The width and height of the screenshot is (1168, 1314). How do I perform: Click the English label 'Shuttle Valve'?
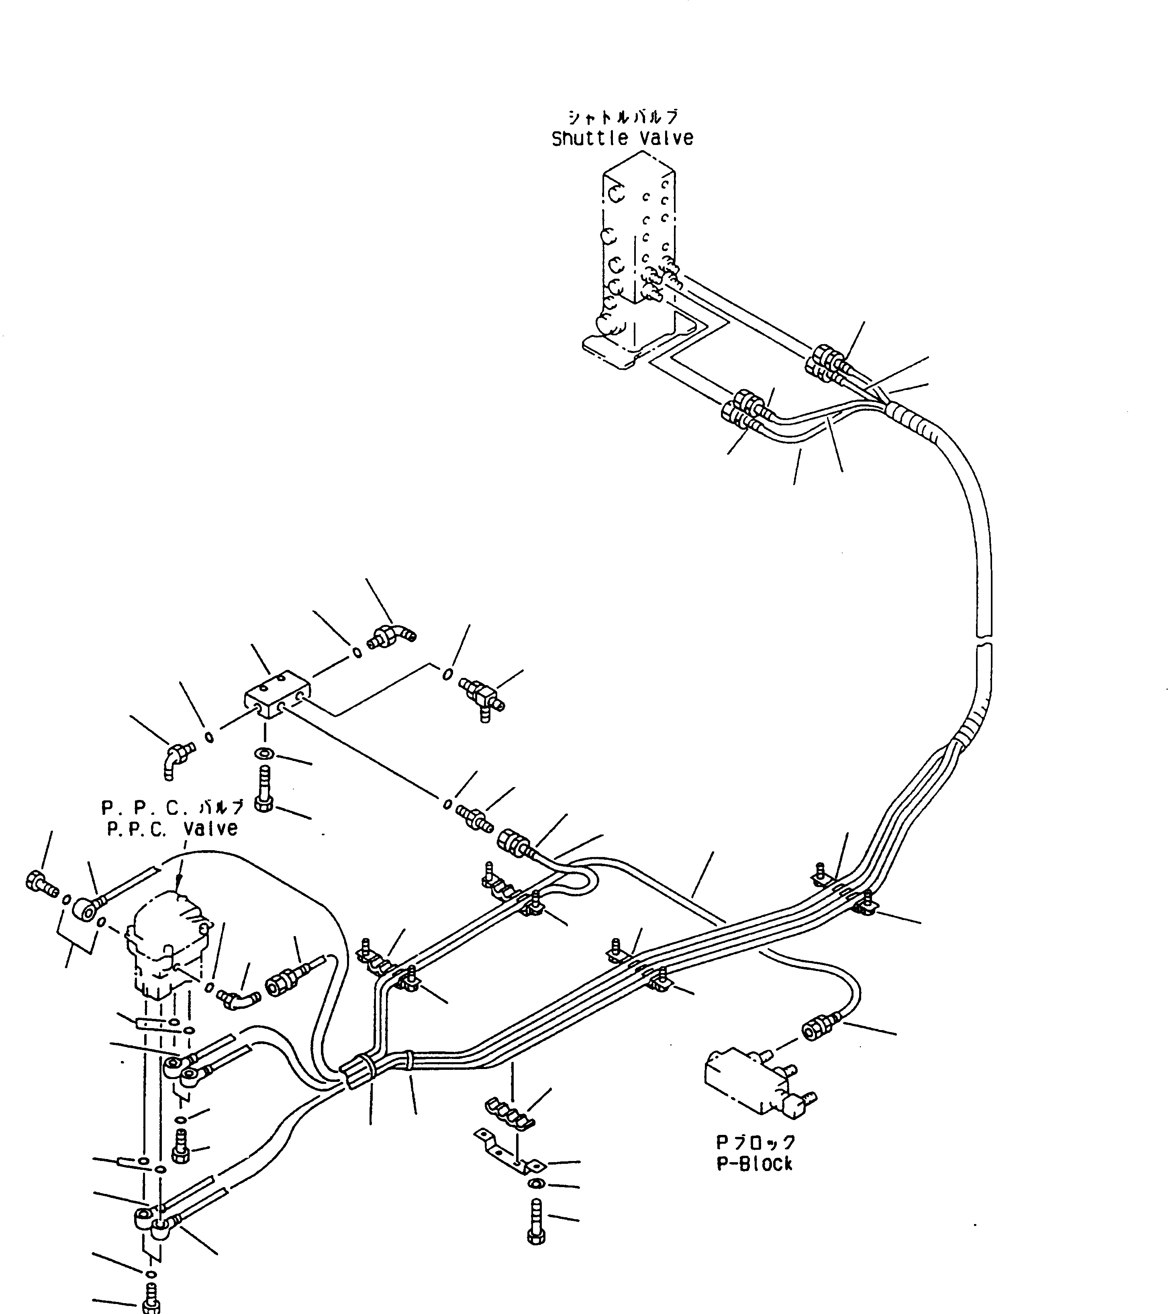(x=622, y=138)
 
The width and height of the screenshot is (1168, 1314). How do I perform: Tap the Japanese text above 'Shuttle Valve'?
(x=622, y=116)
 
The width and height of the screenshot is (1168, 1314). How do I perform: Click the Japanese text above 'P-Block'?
(x=756, y=1143)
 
